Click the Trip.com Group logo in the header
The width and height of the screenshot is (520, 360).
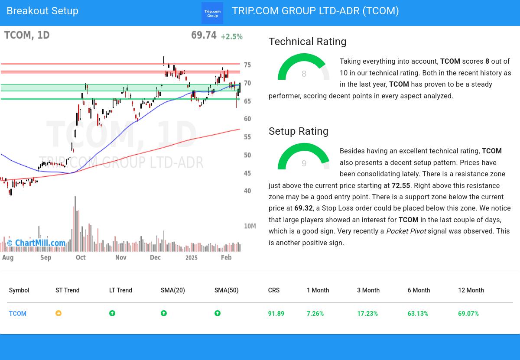(x=212, y=13)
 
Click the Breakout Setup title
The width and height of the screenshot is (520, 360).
(x=42, y=11)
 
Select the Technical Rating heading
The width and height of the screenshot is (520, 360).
(x=307, y=42)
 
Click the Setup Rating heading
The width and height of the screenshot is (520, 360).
(x=298, y=131)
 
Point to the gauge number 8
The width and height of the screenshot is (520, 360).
(x=304, y=74)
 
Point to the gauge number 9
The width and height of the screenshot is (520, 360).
(x=304, y=164)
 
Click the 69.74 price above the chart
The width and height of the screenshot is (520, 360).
(x=204, y=36)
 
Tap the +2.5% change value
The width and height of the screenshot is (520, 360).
(x=231, y=37)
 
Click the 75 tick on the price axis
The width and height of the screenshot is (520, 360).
(x=247, y=65)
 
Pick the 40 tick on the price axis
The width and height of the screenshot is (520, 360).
(x=247, y=191)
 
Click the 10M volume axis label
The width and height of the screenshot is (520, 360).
(x=250, y=226)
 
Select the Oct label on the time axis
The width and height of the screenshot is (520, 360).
(x=81, y=257)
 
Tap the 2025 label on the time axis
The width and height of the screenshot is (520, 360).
(x=191, y=258)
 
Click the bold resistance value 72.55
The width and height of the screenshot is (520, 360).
(x=401, y=185)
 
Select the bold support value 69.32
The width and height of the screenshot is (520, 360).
(x=303, y=208)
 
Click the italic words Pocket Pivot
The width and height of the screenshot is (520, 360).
(x=406, y=231)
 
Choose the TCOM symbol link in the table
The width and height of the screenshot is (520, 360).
(x=18, y=314)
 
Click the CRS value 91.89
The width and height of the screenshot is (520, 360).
(x=276, y=314)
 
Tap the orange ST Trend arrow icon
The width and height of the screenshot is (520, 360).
(x=58, y=313)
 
